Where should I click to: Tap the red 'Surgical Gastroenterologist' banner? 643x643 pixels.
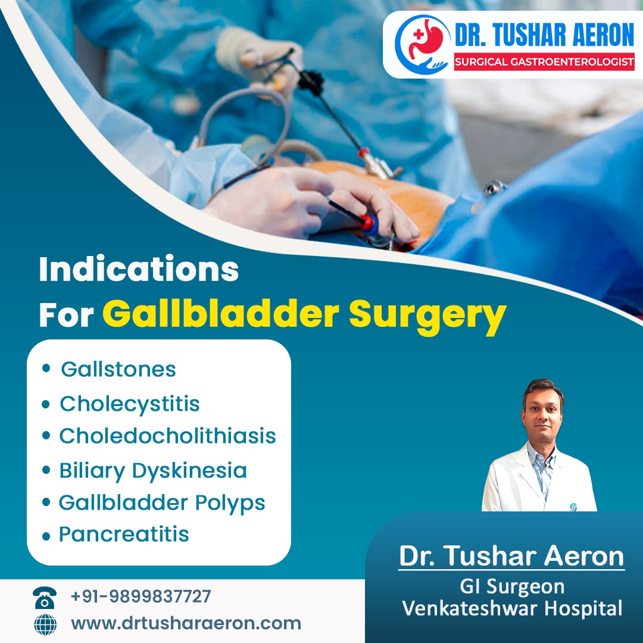[544, 62]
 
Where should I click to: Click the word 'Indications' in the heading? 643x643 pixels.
[139, 269]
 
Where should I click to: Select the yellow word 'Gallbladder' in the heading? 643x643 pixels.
[221, 314]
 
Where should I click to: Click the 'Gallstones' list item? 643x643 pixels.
[118, 369]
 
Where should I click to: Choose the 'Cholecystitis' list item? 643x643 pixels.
[130, 404]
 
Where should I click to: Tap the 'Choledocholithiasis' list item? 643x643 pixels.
[167, 435]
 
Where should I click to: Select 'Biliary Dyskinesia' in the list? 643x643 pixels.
[153, 471]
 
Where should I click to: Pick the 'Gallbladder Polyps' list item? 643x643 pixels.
[162, 503]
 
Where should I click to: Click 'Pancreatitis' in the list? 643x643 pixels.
[124, 534]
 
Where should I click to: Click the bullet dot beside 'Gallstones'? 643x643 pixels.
[46, 368]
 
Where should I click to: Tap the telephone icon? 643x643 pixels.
[45, 598]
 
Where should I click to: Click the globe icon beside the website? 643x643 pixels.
[45, 625]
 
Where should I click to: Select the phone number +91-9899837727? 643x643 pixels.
[141, 596]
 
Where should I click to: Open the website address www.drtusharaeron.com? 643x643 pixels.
[186, 623]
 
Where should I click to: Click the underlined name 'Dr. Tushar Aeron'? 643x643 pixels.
[511, 557]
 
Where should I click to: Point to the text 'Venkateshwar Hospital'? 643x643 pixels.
[512, 608]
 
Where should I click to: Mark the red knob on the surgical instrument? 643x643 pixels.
[367, 223]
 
